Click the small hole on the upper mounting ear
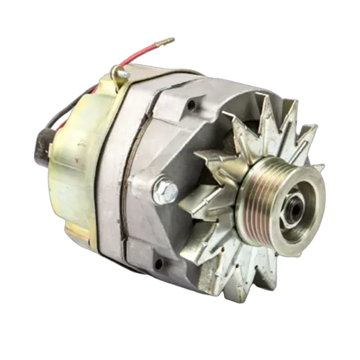191,106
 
